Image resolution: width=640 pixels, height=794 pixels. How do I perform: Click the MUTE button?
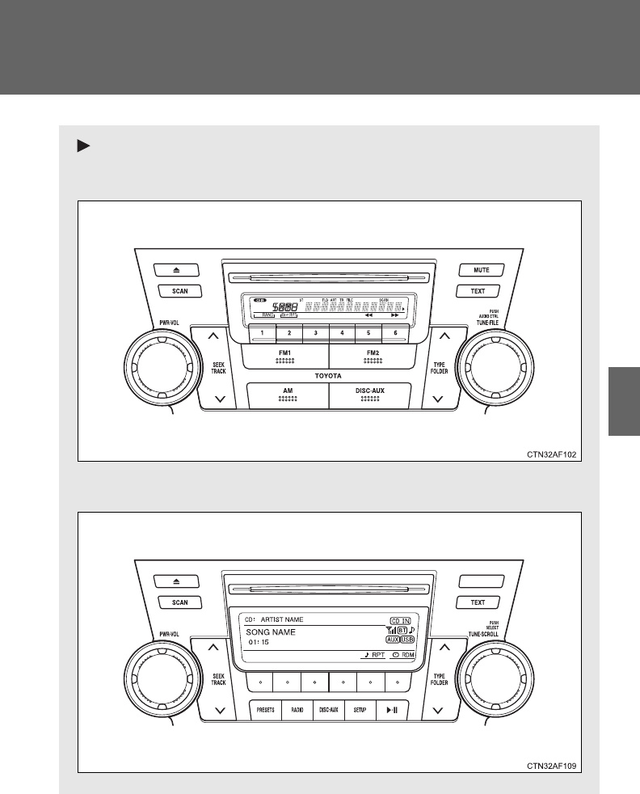pos(482,270)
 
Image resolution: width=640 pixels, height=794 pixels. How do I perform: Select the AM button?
pos(288,394)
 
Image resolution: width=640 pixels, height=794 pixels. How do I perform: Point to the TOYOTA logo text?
pos(329,377)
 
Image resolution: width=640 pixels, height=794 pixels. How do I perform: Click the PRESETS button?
pos(266,710)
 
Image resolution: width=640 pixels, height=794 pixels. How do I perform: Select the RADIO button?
pos(297,710)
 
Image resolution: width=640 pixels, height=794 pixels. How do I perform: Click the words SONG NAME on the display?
pos(272,632)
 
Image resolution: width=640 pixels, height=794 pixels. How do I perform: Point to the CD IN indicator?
pos(401,619)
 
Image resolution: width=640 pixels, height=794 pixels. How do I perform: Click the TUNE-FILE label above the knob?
pos(486,322)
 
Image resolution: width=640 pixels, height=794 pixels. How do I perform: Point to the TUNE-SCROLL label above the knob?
pos(484,634)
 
